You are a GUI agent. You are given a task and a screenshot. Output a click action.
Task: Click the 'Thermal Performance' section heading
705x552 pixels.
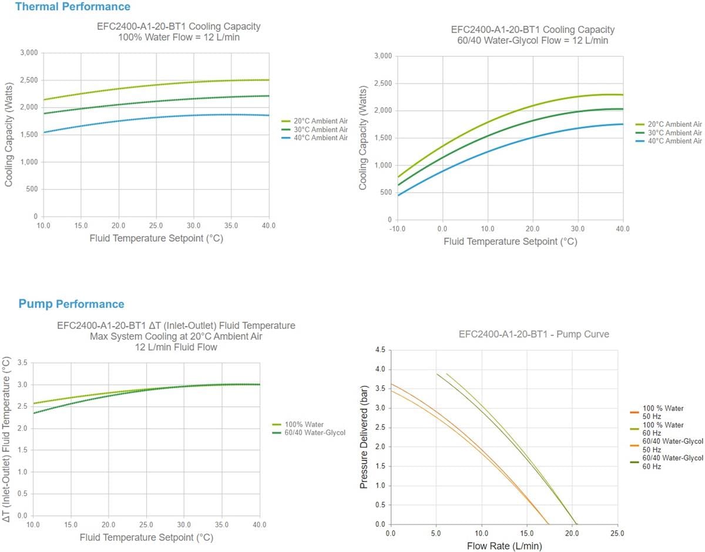pyautogui.click(x=72, y=7)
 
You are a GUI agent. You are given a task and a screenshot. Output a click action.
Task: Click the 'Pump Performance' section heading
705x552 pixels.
pyautogui.click(x=71, y=304)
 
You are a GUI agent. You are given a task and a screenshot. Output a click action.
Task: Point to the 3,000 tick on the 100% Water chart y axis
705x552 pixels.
pyautogui.click(x=28, y=53)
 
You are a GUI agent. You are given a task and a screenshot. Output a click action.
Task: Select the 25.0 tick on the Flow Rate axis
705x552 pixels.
pyautogui.click(x=617, y=533)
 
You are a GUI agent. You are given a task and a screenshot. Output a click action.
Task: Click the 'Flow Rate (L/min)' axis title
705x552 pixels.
pyautogui.click(x=504, y=546)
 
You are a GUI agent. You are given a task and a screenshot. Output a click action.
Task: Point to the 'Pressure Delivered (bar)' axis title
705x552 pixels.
pyautogui.click(x=364, y=438)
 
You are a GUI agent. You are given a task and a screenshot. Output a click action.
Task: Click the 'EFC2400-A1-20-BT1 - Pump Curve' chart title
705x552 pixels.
pyautogui.click(x=533, y=334)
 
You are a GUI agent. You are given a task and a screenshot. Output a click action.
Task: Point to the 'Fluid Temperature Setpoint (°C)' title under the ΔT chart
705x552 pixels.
pyautogui.click(x=146, y=537)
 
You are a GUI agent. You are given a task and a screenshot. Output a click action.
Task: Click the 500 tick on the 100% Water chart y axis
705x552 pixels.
pyautogui.click(x=31, y=190)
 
